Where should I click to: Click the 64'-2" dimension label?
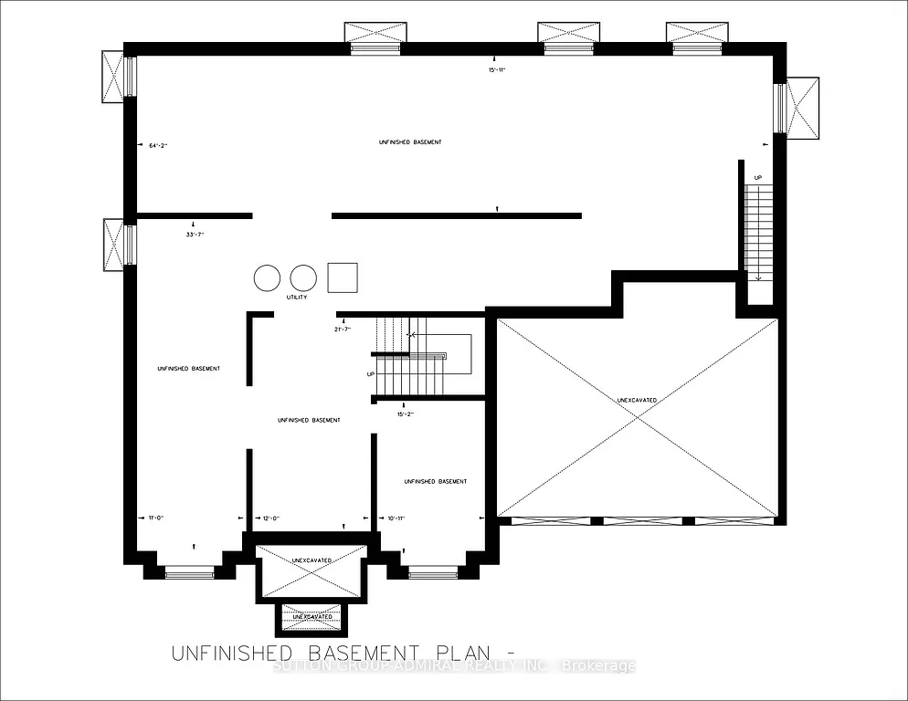click(x=158, y=145)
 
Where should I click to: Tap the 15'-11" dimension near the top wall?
click(x=497, y=69)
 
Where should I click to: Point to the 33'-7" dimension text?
click(x=194, y=235)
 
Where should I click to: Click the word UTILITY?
click(x=297, y=298)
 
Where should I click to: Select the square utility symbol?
click(x=343, y=277)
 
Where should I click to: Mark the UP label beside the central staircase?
click(x=371, y=374)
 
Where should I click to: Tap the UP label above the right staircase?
click(x=758, y=177)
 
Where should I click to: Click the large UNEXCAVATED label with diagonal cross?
click(x=636, y=400)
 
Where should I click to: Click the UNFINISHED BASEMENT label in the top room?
click(x=410, y=142)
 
